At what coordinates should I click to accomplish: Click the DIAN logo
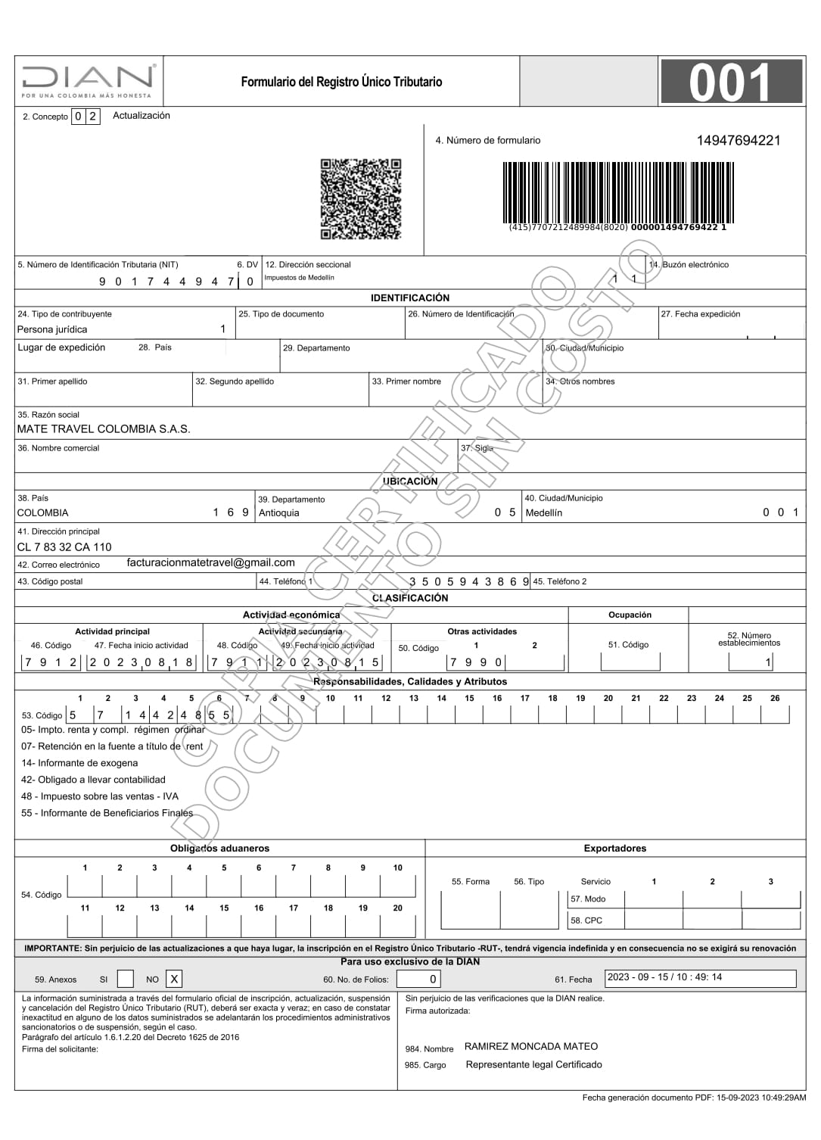(89, 80)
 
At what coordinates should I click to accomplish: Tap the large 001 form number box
(730, 82)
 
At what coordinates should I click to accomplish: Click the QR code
(360, 199)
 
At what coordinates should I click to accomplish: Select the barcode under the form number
(617, 193)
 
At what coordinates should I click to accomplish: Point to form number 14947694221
(738, 140)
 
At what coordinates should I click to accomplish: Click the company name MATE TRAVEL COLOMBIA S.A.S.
(104, 428)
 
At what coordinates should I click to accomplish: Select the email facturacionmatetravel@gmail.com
(211, 562)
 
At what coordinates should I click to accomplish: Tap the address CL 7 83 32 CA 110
(64, 547)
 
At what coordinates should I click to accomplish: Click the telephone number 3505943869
(468, 581)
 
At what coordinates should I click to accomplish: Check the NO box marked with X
(174, 979)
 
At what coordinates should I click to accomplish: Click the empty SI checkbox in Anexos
(126, 979)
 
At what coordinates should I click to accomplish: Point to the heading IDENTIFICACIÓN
(410, 297)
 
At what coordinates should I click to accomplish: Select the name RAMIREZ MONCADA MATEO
(531, 1046)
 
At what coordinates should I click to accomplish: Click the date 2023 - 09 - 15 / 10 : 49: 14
(664, 976)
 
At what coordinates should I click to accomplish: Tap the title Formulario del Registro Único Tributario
(341, 82)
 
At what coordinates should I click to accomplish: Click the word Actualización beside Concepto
(141, 116)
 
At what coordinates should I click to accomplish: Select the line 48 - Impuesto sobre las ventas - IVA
(100, 796)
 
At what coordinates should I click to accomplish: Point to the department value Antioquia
(279, 512)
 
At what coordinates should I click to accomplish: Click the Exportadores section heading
(614, 848)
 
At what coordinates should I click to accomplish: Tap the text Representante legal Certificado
(534, 1064)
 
